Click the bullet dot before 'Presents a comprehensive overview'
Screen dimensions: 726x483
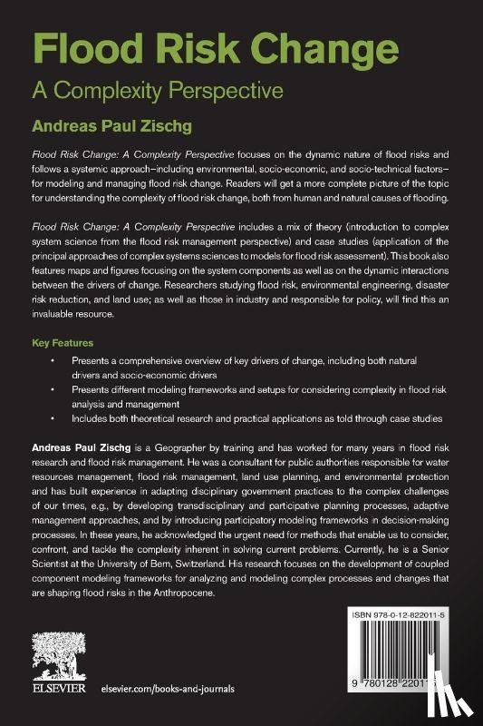(54, 361)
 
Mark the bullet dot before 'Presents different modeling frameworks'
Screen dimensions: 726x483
(54, 390)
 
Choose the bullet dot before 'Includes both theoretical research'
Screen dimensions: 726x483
(54, 419)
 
